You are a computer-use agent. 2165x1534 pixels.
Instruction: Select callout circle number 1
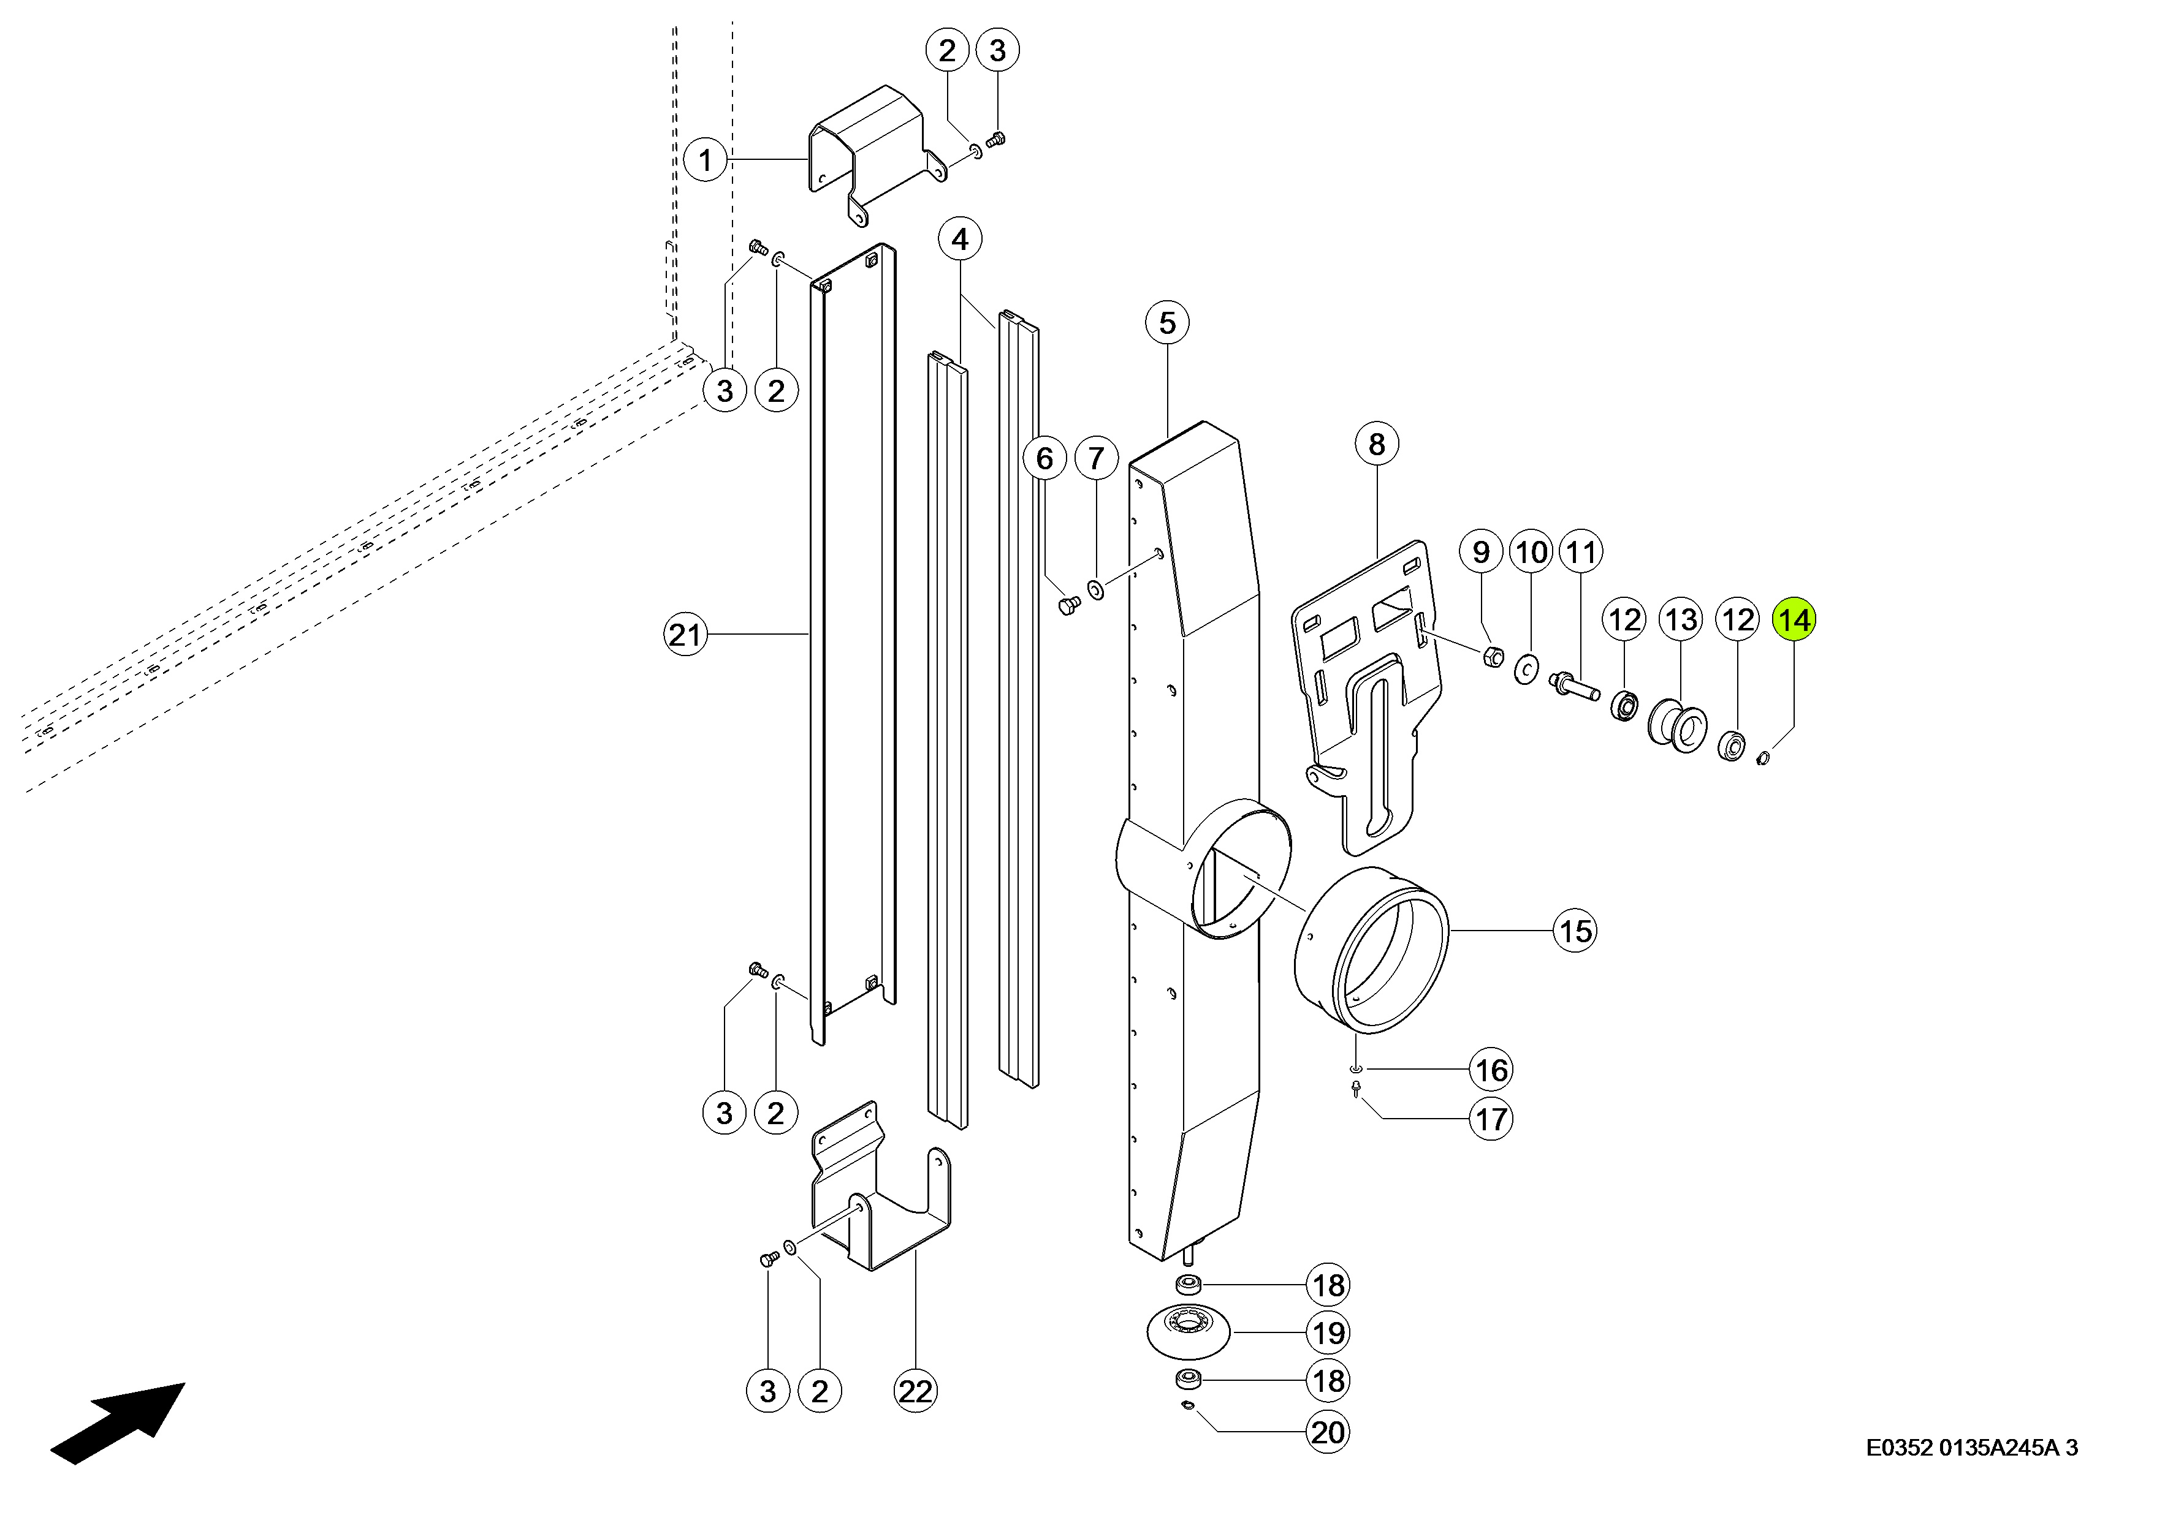[705, 160]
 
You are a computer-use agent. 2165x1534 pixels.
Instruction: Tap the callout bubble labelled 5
[1167, 323]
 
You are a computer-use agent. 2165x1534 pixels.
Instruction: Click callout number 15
[1574, 931]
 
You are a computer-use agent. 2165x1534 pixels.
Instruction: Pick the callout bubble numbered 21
[686, 634]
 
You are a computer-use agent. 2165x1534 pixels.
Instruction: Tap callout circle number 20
[1328, 1433]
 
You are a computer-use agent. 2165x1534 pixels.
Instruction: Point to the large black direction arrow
[118, 1423]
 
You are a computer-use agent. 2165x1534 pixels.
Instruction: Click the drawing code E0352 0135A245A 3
[1971, 1448]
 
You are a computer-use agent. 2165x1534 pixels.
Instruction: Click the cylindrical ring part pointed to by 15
[1370, 950]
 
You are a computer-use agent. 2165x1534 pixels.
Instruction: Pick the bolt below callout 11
[1573, 684]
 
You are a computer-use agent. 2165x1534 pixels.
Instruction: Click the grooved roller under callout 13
[1677, 725]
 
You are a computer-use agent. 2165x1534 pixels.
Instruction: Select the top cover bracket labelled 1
[874, 151]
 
